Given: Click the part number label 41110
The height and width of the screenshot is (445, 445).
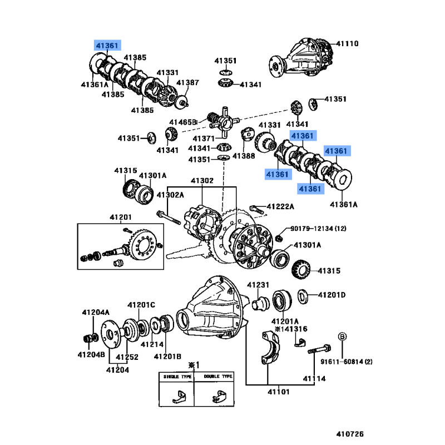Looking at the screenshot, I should tap(348, 44).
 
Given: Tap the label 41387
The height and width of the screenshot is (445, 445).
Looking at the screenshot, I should tap(188, 83).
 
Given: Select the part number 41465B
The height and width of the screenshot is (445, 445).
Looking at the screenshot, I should tap(184, 122).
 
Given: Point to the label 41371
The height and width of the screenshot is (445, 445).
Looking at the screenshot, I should tap(204, 138).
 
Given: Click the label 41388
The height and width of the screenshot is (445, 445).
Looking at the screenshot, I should tap(244, 156).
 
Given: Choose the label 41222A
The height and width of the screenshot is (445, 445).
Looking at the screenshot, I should tap(280, 207).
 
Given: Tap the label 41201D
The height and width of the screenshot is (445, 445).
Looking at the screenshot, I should tap(332, 294).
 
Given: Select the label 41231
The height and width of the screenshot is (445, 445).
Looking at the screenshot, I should tap(258, 285).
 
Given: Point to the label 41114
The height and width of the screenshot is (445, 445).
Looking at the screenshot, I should tap(314, 379).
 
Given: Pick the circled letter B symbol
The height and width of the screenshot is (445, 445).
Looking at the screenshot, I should tap(343, 337).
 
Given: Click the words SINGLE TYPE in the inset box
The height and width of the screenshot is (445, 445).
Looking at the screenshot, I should tap(176, 377).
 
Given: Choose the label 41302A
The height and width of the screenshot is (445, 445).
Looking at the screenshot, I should tap(169, 195).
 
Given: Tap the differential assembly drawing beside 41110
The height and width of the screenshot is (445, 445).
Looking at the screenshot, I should tap(300, 56).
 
